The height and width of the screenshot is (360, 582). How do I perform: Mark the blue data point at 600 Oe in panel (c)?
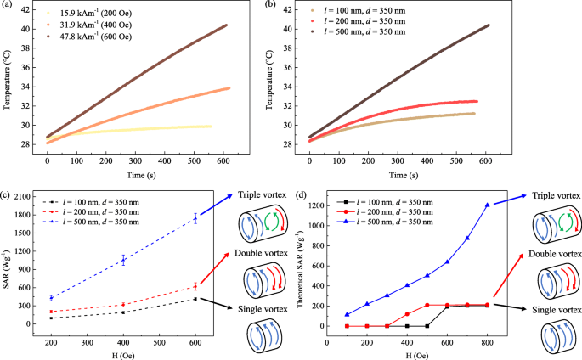click(196, 218)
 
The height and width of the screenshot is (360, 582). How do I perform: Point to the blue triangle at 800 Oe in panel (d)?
click(487, 205)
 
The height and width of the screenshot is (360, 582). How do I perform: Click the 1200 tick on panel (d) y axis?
click(315, 205)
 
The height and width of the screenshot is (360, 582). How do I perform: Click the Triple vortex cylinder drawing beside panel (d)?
click(556, 226)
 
